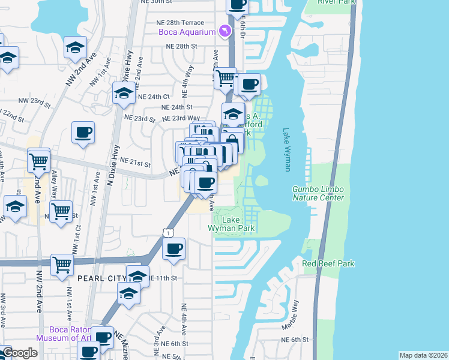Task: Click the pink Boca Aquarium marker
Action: click(224, 31)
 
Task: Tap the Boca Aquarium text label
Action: click(187, 32)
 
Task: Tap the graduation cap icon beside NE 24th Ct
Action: click(124, 93)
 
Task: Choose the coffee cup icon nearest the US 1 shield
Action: click(174, 248)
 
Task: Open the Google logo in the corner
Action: click(19, 353)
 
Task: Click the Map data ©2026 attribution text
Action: click(423, 355)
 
